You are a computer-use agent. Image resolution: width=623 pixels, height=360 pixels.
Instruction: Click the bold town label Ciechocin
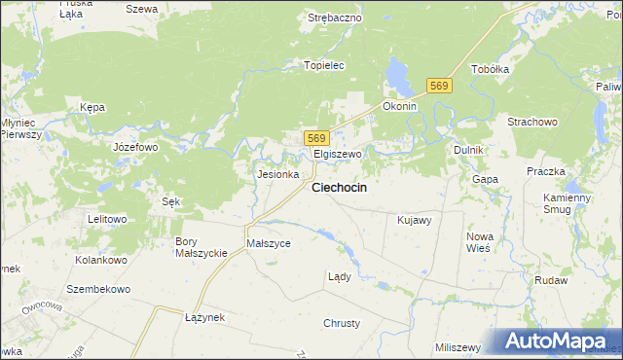pyautogui.click(x=338, y=187)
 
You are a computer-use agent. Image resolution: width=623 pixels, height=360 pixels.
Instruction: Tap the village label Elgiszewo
pyautogui.click(x=337, y=155)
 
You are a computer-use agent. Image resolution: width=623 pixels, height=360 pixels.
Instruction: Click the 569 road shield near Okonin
pyautogui.click(x=440, y=87)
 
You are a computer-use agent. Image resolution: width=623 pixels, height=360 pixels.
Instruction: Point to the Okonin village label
pyautogui.click(x=399, y=106)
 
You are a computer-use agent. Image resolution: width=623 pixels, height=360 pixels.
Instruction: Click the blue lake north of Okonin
pyautogui.click(x=397, y=71)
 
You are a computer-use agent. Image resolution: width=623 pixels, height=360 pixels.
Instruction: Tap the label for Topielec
pyautogui.click(x=325, y=66)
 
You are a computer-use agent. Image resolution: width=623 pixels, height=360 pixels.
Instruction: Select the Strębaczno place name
pyautogui.click(x=335, y=18)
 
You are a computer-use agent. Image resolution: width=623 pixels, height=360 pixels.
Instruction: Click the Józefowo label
pyautogui.click(x=135, y=147)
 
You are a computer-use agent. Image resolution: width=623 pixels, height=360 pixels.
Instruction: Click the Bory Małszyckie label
pyautogui.click(x=200, y=246)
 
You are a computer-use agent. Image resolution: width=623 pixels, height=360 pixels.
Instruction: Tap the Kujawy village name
pyautogui.click(x=414, y=221)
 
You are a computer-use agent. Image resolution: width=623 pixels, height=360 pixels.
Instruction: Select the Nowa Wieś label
pyautogui.click(x=479, y=242)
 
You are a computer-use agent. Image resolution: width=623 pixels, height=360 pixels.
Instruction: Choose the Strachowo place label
pyautogui.click(x=531, y=122)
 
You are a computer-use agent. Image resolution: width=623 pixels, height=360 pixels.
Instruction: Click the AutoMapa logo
pyautogui.click(x=555, y=341)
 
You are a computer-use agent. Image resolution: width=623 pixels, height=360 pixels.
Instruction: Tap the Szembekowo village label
pyautogui.click(x=98, y=290)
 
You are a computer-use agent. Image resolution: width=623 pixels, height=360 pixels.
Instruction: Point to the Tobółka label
pyautogui.click(x=491, y=70)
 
